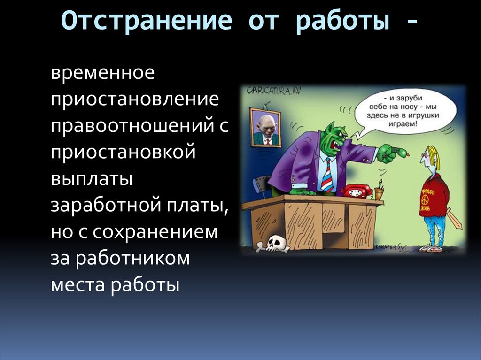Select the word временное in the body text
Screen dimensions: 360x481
coord(102,74)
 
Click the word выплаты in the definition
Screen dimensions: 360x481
coord(92,179)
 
